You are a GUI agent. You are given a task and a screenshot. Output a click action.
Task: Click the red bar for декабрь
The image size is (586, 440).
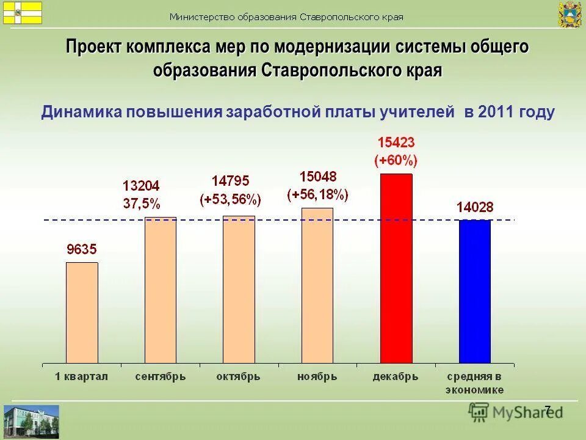click(x=396, y=269)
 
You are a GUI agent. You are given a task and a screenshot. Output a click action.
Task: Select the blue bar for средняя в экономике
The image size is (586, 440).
click(x=474, y=291)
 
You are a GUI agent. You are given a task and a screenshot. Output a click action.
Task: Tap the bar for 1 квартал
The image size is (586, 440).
click(x=82, y=313)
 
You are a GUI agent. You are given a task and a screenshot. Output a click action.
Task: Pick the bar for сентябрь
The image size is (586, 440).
click(x=161, y=290)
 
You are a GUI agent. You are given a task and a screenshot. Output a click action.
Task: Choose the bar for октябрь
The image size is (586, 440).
click(x=239, y=290)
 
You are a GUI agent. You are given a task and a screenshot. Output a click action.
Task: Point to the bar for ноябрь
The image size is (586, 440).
click(x=317, y=285)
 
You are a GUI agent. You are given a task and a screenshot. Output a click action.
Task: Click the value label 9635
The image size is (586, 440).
click(x=82, y=249)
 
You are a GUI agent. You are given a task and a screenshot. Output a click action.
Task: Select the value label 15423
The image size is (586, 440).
click(x=396, y=143)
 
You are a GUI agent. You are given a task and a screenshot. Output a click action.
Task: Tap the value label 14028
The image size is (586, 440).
click(x=474, y=207)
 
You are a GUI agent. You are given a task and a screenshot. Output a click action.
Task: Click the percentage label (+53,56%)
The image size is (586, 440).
click(x=230, y=199)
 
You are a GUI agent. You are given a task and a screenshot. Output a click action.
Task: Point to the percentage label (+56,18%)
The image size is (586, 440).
click(x=317, y=194)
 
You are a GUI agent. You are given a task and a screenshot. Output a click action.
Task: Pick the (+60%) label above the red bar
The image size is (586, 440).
click(x=396, y=161)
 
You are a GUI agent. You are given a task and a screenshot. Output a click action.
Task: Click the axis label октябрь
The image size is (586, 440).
click(x=239, y=377)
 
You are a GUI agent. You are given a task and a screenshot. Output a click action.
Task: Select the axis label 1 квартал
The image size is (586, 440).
click(x=82, y=377)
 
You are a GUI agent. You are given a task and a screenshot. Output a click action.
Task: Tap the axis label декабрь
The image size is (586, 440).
click(x=396, y=377)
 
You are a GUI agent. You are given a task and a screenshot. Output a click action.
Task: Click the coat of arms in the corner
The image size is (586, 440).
click(x=570, y=14)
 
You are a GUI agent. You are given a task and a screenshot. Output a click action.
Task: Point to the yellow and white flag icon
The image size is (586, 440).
click(x=23, y=12)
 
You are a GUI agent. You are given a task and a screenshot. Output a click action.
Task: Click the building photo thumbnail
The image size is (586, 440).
click(x=31, y=422)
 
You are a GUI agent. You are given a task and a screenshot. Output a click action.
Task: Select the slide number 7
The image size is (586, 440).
click(x=548, y=409)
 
